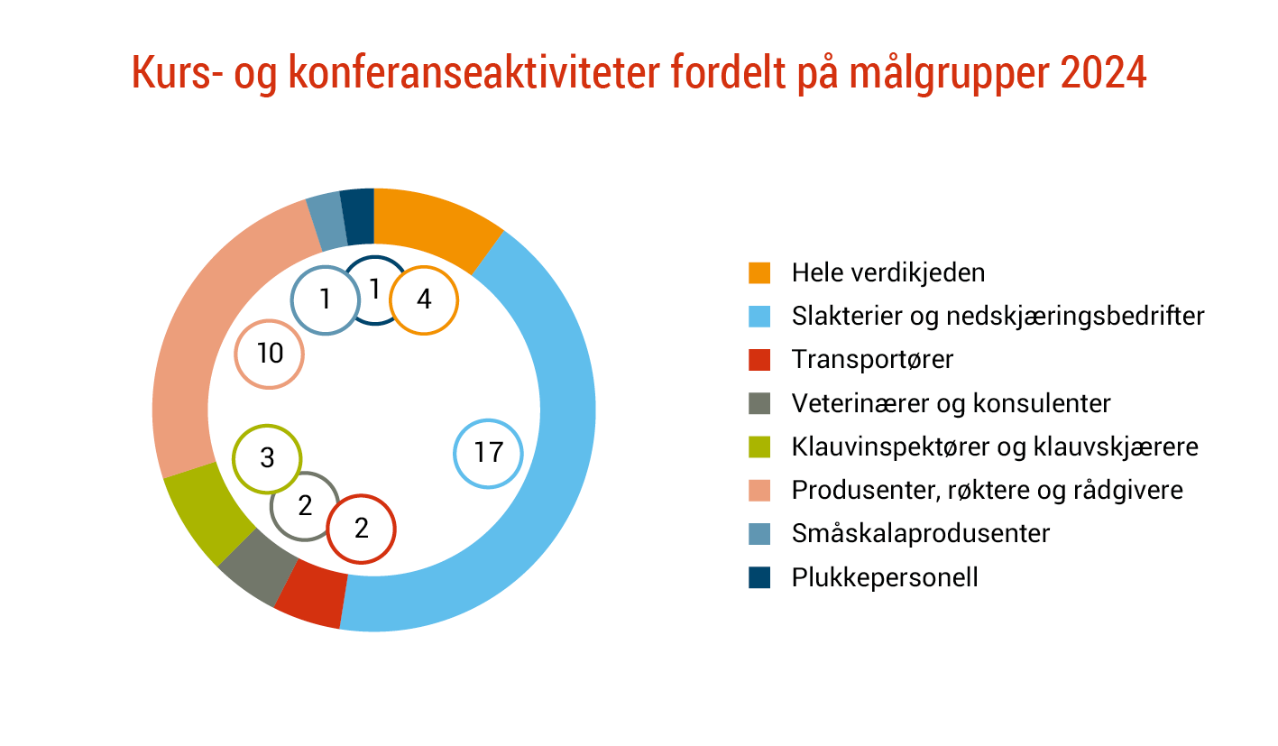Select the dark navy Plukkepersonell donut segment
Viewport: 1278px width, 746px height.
click(x=358, y=216)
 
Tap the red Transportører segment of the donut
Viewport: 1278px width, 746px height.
click(x=313, y=594)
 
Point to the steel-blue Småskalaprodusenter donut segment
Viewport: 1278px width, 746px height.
click(x=327, y=221)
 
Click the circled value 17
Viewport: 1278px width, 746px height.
click(x=488, y=453)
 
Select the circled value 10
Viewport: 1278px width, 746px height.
click(x=270, y=354)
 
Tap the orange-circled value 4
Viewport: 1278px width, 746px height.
click(x=424, y=299)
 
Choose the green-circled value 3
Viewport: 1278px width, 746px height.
click(x=267, y=458)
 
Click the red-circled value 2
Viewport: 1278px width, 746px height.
click(x=361, y=530)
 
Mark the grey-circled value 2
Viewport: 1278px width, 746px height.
click(x=305, y=506)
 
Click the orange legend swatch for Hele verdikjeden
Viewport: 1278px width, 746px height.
click(x=759, y=272)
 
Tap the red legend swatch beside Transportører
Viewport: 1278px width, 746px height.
click(x=759, y=360)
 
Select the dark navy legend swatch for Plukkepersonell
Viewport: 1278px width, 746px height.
click(x=759, y=577)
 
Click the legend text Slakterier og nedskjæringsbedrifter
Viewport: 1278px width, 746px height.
click(x=998, y=317)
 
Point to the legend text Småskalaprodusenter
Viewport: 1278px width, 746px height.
click(x=921, y=534)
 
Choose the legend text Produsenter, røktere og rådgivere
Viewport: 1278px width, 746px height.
click(x=988, y=491)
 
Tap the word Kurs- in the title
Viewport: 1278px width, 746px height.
click(x=177, y=72)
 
